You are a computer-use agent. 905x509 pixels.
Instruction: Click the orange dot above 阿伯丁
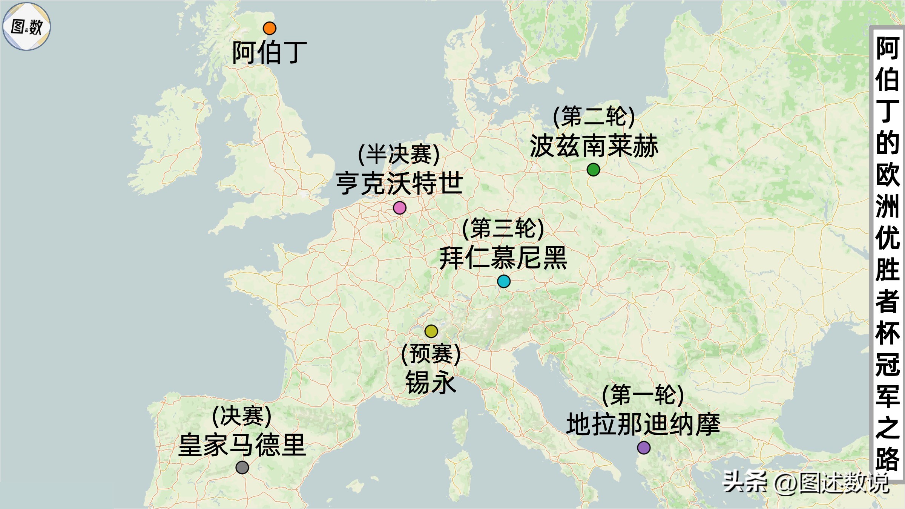tap(269, 28)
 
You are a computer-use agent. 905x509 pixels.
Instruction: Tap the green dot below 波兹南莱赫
tap(593, 170)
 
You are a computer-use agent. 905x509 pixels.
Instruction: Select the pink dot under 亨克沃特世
tap(399, 208)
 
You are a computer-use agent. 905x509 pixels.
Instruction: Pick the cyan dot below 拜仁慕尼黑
tap(504, 281)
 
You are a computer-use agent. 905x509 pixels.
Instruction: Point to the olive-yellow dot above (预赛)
tap(431, 331)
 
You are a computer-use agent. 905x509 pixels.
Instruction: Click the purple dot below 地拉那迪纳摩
tap(644, 448)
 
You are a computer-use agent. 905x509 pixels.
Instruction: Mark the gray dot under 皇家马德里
tap(242, 468)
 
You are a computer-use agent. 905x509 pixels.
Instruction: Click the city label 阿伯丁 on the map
tap(269, 53)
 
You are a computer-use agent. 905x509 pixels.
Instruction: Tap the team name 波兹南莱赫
tap(594, 146)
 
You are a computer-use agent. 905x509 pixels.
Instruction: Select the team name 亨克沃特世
tap(399, 184)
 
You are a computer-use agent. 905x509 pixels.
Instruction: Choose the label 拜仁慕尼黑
tap(503, 258)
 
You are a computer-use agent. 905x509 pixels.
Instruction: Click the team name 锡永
tap(431, 382)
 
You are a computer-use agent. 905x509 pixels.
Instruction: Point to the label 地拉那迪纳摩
tap(643, 424)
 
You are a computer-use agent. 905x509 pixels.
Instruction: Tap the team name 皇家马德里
tap(242, 445)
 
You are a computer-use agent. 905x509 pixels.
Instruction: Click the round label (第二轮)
tap(594, 117)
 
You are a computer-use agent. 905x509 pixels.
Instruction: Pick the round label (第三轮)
tap(503, 229)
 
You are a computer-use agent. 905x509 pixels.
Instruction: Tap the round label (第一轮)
tap(643, 395)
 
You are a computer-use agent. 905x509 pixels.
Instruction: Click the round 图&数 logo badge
tap(26, 26)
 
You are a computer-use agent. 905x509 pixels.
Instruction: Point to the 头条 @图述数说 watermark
tap(805, 483)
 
